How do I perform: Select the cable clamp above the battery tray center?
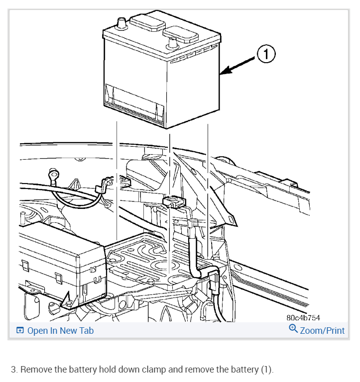(173, 202)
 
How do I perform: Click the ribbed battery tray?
(149, 259)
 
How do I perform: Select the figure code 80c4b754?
(303, 318)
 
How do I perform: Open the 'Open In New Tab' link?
(60, 330)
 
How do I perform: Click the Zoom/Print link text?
(322, 330)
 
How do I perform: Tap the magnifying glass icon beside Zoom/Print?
(293, 329)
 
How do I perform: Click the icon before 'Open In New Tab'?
(20, 330)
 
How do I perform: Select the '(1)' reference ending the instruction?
(266, 370)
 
